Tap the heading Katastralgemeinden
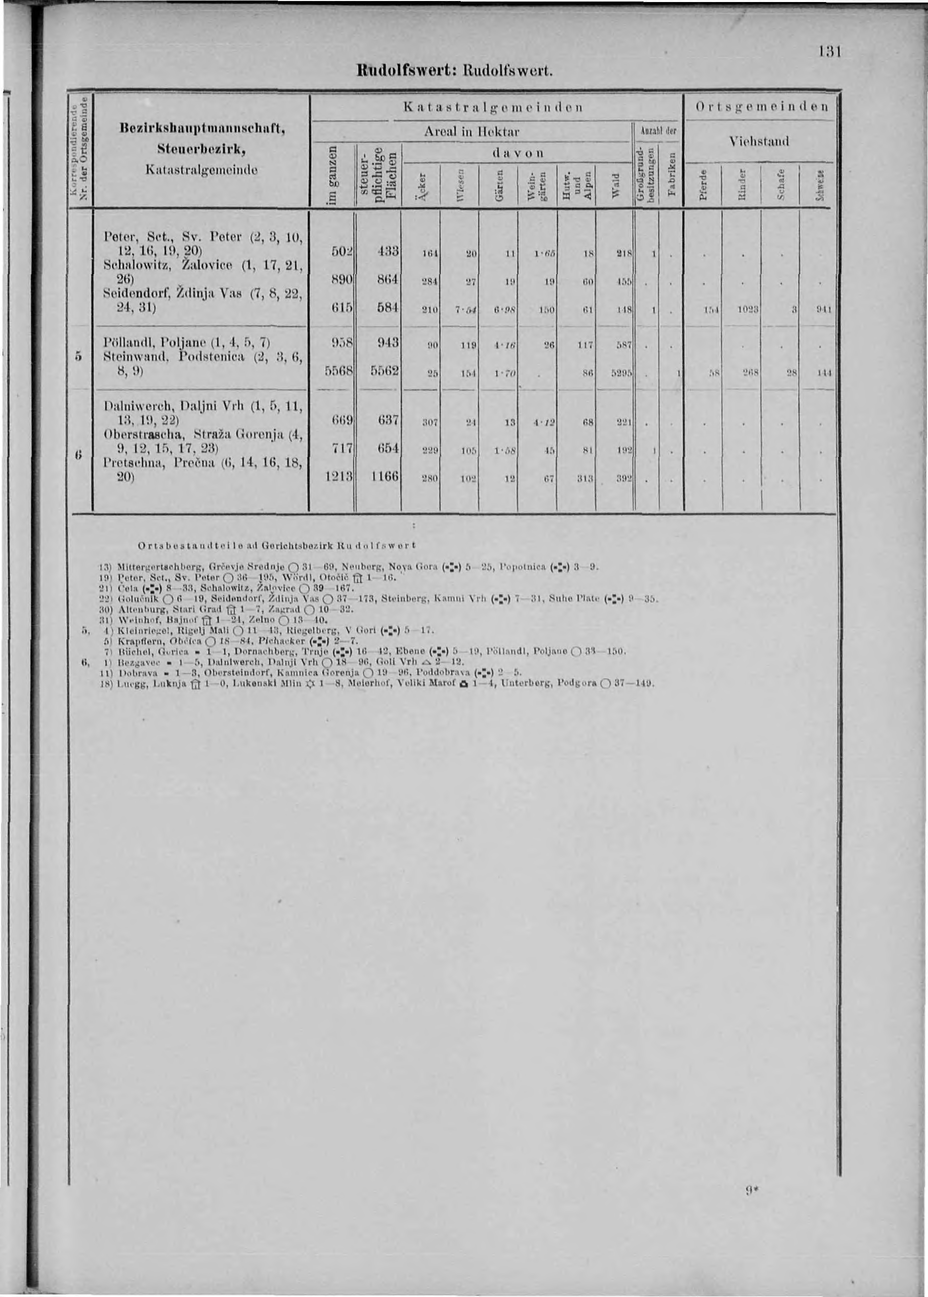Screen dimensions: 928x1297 point(492,107)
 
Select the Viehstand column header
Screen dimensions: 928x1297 point(760,141)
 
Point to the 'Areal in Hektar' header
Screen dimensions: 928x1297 point(471,131)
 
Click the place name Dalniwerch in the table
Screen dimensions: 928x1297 point(132,407)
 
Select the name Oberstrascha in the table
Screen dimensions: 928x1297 point(141,436)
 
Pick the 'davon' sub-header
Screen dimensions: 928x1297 point(517,153)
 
